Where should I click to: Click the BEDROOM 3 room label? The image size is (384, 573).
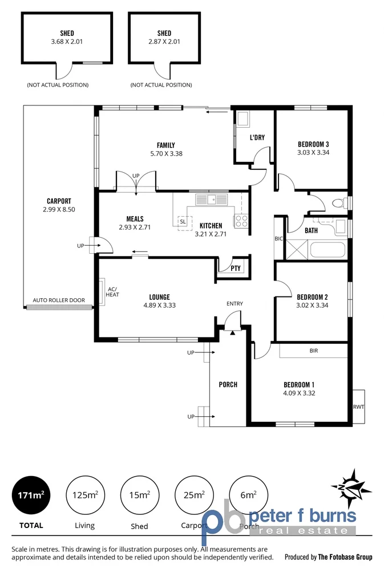click(x=313, y=144)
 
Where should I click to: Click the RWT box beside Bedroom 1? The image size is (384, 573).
click(x=358, y=407)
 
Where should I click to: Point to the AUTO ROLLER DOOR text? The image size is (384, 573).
click(x=59, y=300)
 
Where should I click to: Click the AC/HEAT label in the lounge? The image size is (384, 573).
click(x=112, y=291)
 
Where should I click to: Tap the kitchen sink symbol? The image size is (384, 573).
click(x=211, y=200)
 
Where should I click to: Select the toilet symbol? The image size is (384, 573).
click(x=339, y=202)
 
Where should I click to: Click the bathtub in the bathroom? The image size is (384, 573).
click(x=327, y=250)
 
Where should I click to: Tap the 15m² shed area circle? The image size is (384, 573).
click(x=139, y=494)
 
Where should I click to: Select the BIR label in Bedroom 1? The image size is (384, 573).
click(x=313, y=351)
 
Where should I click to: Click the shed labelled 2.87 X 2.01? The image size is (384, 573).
click(x=164, y=37)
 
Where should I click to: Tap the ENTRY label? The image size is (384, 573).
click(x=235, y=303)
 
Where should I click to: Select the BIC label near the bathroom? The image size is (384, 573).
click(x=279, y=238)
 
